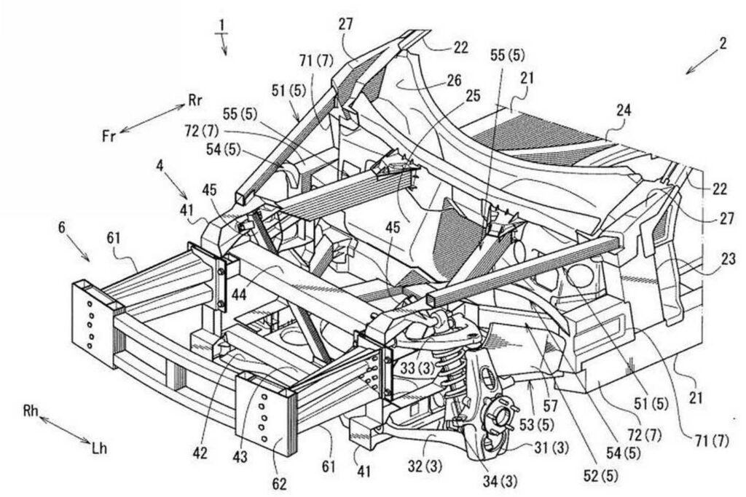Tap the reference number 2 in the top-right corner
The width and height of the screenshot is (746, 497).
coord(722,43)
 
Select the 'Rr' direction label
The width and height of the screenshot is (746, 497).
coord(195,101)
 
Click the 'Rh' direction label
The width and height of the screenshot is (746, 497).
coord(31,413)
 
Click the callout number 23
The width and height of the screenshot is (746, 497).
coord(729,258)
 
